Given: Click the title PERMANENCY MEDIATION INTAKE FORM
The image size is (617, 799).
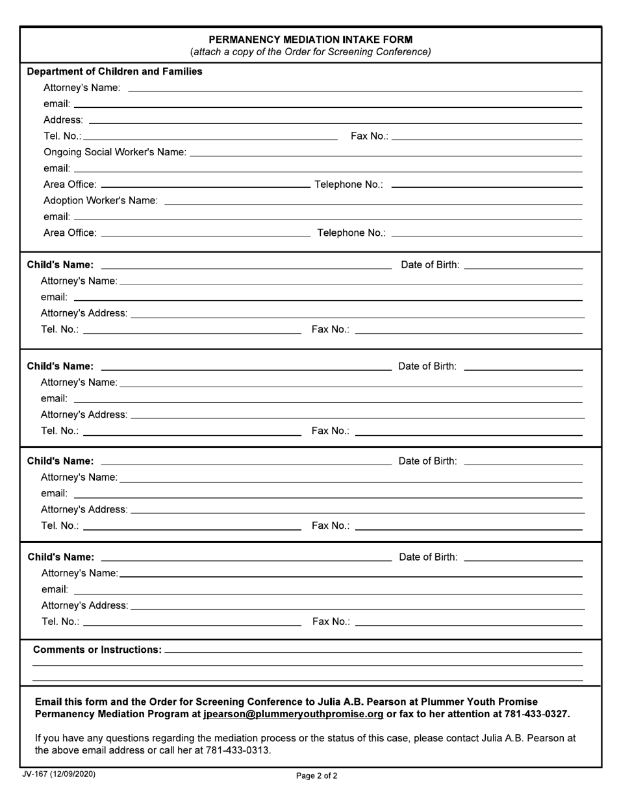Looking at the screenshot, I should [x=310, y=39].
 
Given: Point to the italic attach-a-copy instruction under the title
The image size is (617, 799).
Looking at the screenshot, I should [x=310, y=52].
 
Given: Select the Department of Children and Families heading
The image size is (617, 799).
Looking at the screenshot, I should [x=114, y=71].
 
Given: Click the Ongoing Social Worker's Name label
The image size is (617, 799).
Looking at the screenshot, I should [x=114, y=152].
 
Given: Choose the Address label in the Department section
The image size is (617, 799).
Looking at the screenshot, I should [x=63, y=120].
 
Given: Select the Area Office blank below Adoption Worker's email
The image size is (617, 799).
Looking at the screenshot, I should [x=206, y=235].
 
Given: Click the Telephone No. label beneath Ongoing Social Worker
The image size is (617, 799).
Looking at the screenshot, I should [x=349, y=184].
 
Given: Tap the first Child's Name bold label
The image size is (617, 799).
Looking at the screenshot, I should [x=60, y=265].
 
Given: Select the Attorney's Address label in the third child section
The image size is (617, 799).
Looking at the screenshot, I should [x=84, y=509].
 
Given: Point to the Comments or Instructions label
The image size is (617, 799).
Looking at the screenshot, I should [x=97, y=650].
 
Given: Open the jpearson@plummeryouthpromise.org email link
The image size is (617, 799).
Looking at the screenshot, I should [x=293, y=714].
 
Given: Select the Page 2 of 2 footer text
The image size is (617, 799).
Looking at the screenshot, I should [x=316, y=776].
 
